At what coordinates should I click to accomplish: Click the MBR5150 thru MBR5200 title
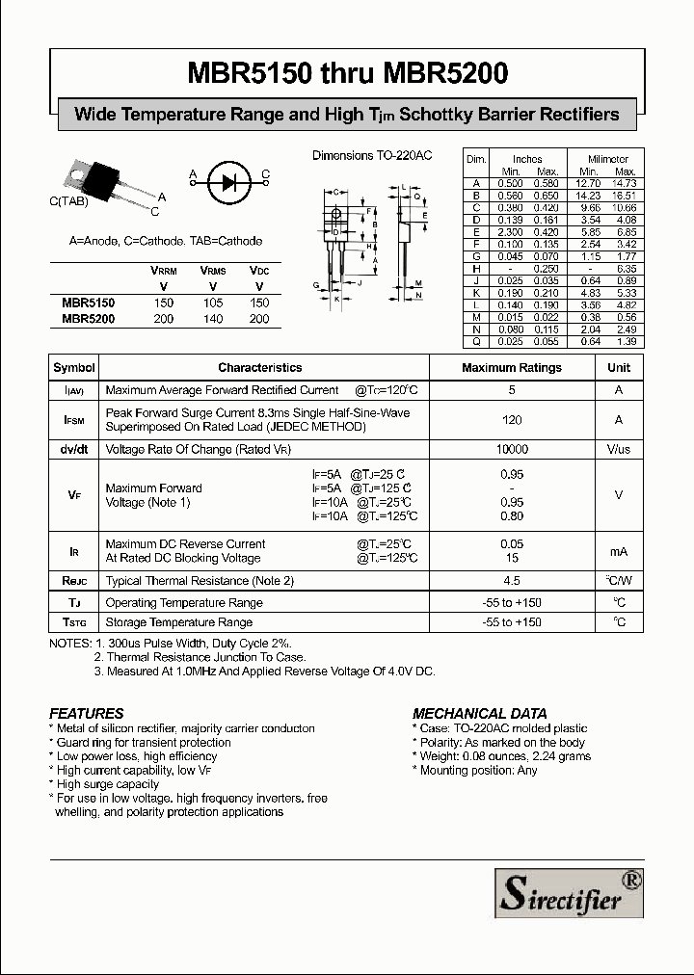pyautogui.click(x=347, y=73)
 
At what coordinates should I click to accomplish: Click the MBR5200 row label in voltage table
pyautogui.click(x=88, y=319)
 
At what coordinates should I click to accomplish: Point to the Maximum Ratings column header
pyautogui.click(x=511, y=367)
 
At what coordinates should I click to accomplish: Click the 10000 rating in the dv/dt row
pyautogui.click(x=512, y=450)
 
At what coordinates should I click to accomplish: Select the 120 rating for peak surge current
pyautogui.click(x=512, y=420)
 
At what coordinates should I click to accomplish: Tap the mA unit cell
pyautogui.click(x=619, y=551)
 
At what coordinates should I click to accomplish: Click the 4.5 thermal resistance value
pyautogui.click(x=512, y=581)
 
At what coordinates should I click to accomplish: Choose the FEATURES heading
pyautogui.click(x=87, y=714)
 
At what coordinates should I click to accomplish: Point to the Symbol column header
pyautogui.click(x=74, y=367)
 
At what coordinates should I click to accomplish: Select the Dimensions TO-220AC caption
pyautogui.click(x=371, y=155)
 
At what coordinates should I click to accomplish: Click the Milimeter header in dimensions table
pyautogui.click(x=608, y=159)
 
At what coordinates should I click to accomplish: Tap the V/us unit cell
pyautogui.click(x=619, y=450)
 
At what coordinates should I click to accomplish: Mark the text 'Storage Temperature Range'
pyautogui.click(x=179, y=622)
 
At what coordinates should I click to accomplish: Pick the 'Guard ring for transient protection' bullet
pyautogui.click(x=144, y=743)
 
